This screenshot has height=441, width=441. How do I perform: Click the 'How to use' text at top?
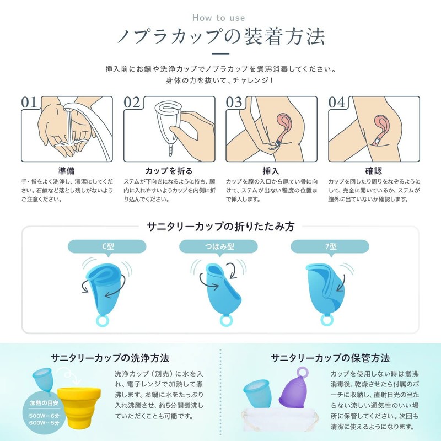[x=220, y=18]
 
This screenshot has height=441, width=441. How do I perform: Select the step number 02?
[x=132, y=103]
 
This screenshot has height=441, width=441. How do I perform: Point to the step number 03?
[x=234, y=103]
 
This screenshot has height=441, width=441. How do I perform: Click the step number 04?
[x=337, y=103]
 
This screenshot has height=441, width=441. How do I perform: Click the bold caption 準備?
[x=67, y=171]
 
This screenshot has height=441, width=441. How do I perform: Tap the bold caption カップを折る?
[x=169, y=171]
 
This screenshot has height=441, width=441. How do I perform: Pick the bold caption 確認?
[x=374, y=171]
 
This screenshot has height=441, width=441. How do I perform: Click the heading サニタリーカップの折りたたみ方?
[x=220, y=227]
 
